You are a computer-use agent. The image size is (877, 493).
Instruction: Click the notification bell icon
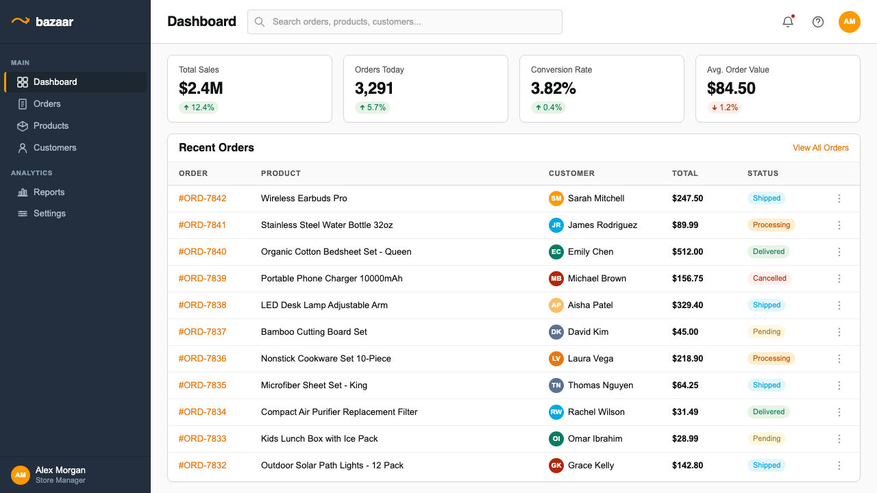pos(788,22)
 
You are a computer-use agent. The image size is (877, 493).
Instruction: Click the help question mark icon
pos(818,22)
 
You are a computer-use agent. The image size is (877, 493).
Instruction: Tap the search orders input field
pos(405,22)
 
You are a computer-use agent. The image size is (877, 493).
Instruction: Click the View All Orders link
pos(821,147)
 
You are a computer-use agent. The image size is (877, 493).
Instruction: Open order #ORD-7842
pos(202,199)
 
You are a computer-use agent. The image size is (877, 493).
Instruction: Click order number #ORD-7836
pos(202,358)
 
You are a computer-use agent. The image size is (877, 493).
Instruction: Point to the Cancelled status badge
pos(769,278)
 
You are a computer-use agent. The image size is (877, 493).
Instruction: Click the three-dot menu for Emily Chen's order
pos(839,251)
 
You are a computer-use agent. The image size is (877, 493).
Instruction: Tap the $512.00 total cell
pos(687,251)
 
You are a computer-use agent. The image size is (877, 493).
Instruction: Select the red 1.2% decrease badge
pos(724,108)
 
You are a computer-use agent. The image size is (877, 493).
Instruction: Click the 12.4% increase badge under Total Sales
pos(199,108)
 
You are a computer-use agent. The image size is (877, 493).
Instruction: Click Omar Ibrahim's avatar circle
pos(556,439)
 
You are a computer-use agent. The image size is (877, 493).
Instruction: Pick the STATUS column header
pos(763,173)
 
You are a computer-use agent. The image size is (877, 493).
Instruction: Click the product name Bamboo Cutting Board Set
pos(314,332)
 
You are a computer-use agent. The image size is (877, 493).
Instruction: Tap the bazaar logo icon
pos(21,21)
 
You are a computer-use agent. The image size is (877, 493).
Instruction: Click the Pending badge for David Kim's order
pos(766,332)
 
